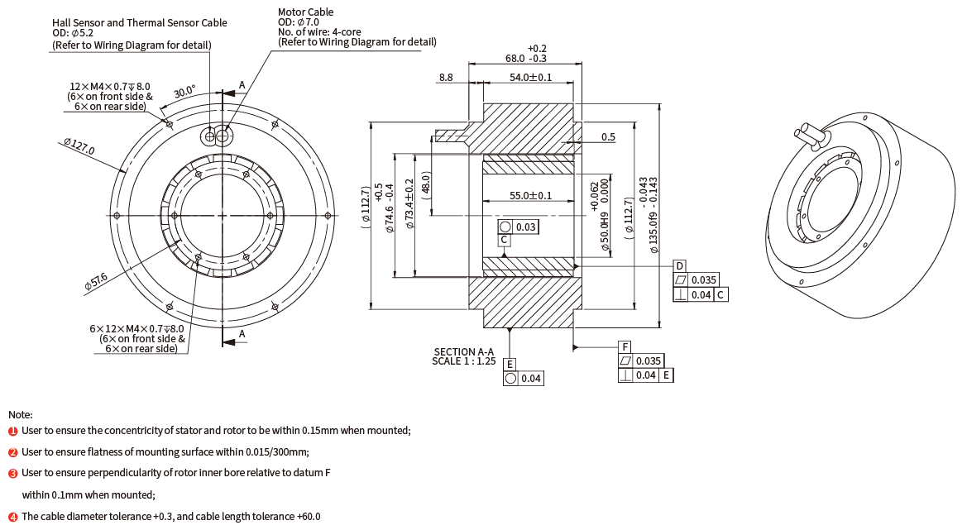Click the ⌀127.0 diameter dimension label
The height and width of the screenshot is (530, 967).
[79, 147]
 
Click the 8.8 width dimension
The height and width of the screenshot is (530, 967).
[446, 77]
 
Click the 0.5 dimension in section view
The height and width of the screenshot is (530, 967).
[608, 136]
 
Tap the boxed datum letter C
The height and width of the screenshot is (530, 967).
[504, 240]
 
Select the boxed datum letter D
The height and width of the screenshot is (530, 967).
[679, 266]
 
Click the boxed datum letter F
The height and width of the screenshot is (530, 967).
[625, 346]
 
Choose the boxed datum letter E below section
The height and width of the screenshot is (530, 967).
[510, 364]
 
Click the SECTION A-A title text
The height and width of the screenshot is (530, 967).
[463, 351]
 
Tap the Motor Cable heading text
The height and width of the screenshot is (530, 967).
[305, 12]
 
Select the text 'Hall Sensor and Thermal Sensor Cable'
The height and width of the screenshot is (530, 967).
[139, 23]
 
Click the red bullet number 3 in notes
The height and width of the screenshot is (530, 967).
[12, 474]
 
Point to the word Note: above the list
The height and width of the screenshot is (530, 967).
[21, 414]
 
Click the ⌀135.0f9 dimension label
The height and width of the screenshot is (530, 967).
[653, 215]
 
